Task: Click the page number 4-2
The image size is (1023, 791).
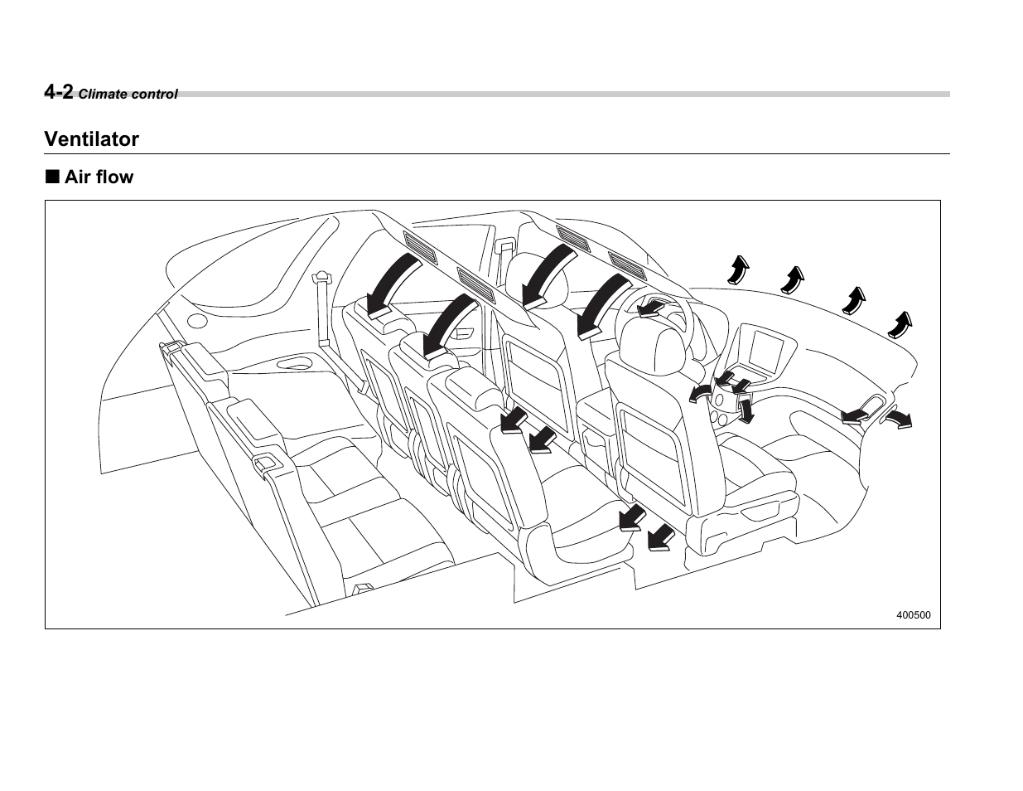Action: coord(59,91)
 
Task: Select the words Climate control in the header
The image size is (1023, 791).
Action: coord(128,95)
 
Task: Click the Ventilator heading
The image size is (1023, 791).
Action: coord(92,139)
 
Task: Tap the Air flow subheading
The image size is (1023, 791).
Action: coord(99,177)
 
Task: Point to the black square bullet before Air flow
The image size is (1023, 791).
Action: coord(52,177)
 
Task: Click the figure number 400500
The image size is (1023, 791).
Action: coord(913,615)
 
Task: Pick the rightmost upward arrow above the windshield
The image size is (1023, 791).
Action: coord(901,324)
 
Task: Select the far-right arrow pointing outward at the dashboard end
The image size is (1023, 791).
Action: coord(897,420)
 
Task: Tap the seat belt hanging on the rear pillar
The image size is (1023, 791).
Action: coord(324,311)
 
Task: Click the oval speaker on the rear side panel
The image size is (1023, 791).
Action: coord(197,321)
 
